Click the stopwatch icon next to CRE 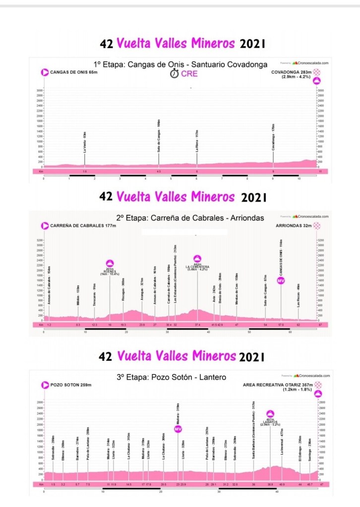[174, 73]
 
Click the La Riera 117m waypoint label [197, 140]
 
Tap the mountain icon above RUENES [110, 263]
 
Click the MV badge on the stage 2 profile [281, 281]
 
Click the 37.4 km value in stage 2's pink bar [197, 324]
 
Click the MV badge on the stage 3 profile [178, 429]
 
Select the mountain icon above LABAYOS [270, 414]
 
